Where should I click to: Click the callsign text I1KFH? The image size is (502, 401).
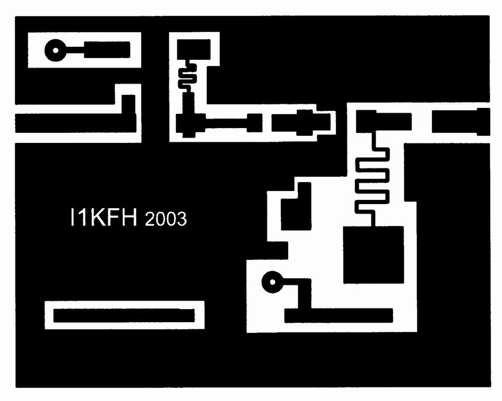coord(103,217)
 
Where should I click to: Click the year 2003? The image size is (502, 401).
coord(166,219)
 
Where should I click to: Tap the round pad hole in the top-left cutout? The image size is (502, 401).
coord(56,50)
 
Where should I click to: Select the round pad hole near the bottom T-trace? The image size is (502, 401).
coord(273,282)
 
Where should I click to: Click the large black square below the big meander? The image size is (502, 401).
coord(373,255)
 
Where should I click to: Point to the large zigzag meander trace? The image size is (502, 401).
coord(373,179)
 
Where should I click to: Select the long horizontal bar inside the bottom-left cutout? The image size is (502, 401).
coord(124,316)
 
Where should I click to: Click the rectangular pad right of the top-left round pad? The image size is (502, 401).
coord(107,50)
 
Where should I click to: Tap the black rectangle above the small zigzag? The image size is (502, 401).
coord(194,49)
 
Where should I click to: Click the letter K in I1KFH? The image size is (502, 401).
coord(96,217)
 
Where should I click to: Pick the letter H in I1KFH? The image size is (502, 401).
coord(129,217)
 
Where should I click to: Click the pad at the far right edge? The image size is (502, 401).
coord(461,122)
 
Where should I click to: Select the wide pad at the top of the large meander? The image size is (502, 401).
coord(383,121)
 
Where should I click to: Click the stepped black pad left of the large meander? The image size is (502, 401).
coord(296,206)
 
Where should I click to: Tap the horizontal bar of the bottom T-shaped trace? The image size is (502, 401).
coord(338,316)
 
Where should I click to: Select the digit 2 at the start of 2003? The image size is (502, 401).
coord(150,219)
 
